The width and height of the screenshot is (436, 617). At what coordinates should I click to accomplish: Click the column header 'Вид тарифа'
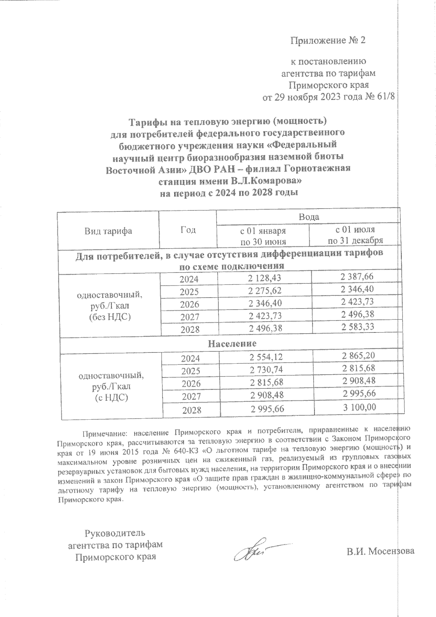108,231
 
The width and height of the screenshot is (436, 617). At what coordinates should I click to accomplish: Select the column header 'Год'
188,230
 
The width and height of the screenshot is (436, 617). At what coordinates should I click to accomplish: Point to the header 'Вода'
308,217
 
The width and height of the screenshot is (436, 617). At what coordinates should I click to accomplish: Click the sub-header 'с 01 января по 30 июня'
262,236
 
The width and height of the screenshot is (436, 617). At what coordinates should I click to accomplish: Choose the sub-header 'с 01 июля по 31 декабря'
355,235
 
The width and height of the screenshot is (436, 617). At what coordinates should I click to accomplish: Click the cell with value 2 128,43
265,278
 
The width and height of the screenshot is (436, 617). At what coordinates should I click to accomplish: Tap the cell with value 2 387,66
357,277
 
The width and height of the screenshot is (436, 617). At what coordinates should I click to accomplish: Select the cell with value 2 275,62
265,290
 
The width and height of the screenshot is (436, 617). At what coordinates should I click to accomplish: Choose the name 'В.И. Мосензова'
380,551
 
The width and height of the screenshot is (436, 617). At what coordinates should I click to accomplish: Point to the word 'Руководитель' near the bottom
115,533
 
